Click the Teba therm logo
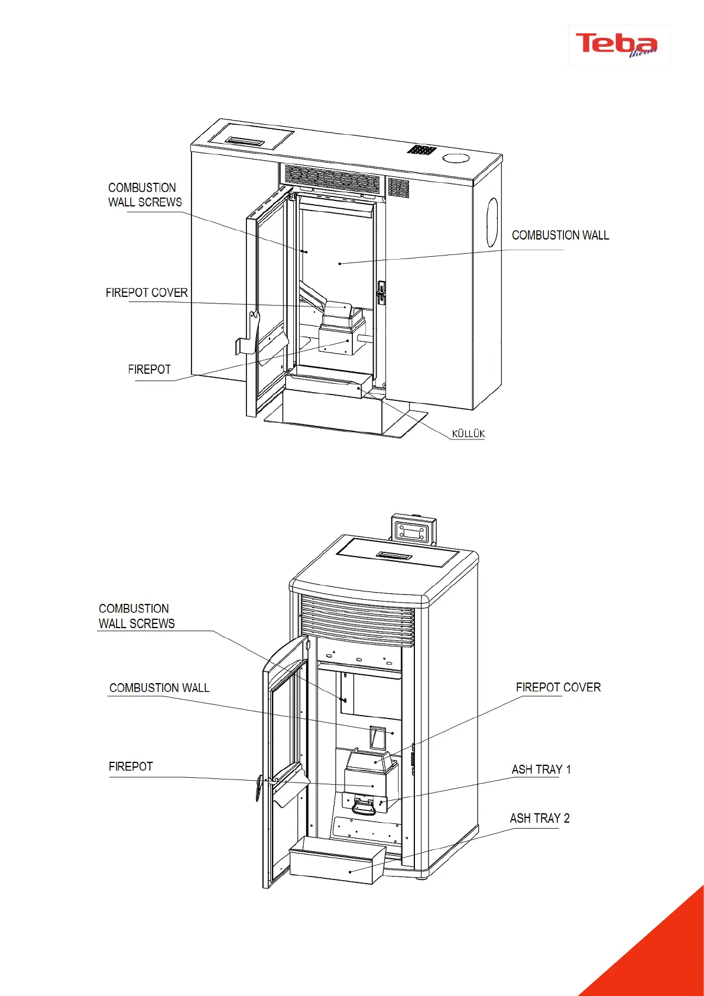tap(618, 45)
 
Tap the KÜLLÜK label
tap(468, 434)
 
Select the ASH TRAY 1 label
tap(541, 769)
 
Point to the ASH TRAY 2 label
tap(540, 818)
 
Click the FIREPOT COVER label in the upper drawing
tap(147, 293)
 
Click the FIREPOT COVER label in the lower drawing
tap(558, 687)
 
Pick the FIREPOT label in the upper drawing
tap(149, 370)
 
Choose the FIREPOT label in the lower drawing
tap(131, 767)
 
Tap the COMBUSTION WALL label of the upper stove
tap(560, 235)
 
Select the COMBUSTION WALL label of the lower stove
tap(159, 688)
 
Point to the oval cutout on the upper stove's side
tap(492, 222)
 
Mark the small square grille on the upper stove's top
tap(421, 150)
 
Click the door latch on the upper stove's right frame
tap(381, 293)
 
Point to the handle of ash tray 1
tap(364, 807)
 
